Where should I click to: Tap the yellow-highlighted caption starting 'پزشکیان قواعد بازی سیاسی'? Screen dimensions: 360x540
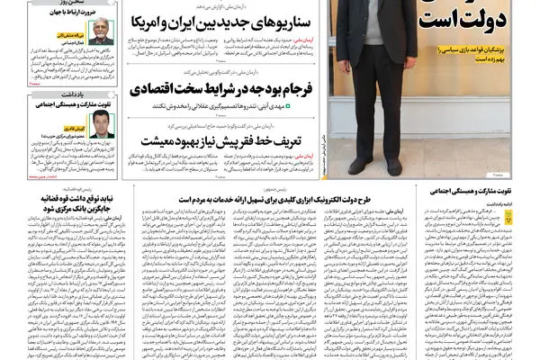coord(486,53)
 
